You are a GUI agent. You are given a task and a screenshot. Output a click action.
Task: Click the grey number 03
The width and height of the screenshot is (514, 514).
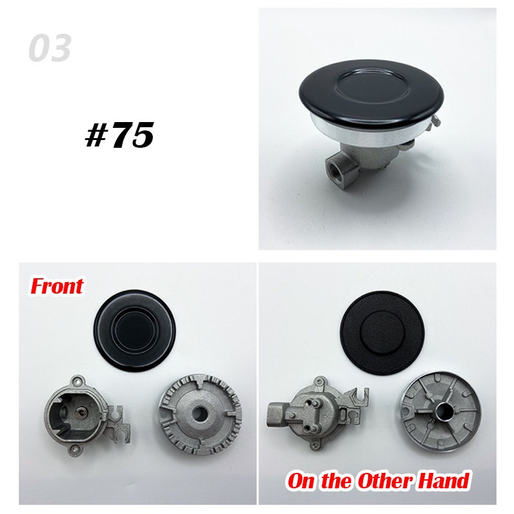[x=49, y=48]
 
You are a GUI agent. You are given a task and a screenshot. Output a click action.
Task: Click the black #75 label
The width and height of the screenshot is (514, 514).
[x=120, y=134]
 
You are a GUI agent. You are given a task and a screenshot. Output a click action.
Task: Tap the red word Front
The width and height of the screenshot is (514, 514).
[x=57, y=286]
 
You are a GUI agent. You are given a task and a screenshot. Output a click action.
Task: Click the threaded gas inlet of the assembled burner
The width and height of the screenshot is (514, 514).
[x=333, y=166]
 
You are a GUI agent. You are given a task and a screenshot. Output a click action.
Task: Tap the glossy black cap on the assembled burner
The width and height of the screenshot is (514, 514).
[x=371, y=91]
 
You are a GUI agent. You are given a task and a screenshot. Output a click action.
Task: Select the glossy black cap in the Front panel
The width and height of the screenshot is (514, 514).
[x=135, y=332]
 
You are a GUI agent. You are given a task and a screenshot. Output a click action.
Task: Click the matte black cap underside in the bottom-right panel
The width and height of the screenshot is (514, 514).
[x=382, y=332]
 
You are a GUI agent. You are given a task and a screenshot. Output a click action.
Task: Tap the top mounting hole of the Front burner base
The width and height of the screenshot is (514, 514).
[x=78, y=382]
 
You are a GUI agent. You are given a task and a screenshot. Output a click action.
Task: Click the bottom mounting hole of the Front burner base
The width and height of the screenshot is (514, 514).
[x=76, y=448]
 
